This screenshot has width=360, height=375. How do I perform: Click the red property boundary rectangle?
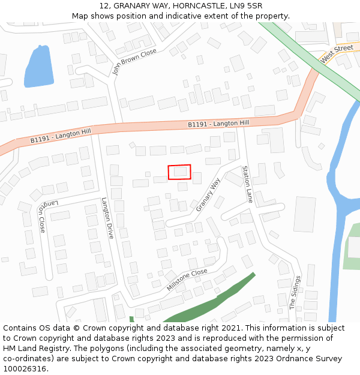[179, 172]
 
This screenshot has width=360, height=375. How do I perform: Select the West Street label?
[337, 54]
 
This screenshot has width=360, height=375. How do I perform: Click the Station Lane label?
[247, 184]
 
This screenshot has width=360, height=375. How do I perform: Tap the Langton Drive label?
[107, 218]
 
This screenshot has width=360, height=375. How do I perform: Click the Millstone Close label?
[187, 280]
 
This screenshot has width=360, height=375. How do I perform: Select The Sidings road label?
[295, 292]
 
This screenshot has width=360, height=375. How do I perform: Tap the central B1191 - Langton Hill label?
[218, 124]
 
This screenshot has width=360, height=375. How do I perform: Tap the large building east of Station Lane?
[304, 214]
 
